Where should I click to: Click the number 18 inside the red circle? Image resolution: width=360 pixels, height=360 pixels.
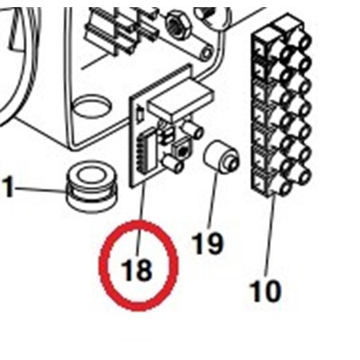(x=138, y=270)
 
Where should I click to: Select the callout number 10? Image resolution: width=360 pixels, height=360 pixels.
(x=265, y=291)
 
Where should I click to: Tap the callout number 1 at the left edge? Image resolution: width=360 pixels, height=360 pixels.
(x=9, y=189)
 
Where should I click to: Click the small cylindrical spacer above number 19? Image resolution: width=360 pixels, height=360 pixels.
(x=221, y=158)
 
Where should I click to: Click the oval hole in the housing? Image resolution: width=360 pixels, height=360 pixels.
(x=94, y=104)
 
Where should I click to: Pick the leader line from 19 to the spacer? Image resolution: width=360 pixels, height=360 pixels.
(x=213, y=200)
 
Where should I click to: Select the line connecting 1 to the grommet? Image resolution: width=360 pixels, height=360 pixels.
(x=39, y=190)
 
